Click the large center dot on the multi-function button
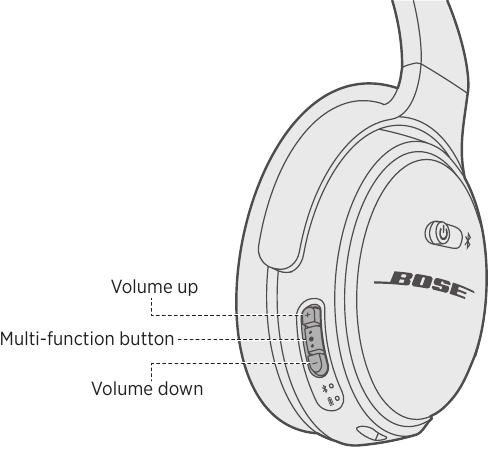(x=311, y=339)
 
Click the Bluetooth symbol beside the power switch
(x=467, y=241)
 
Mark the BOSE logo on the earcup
(x=424, y=284)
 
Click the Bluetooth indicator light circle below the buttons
(x=331, y=386)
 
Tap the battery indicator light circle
(x=338, y=398)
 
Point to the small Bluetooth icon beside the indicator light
(x=323, y=389)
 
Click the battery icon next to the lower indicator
(x=330, y=401)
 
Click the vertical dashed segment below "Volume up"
(x=152, y=306)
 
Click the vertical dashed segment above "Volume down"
(x=152, y=372)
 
